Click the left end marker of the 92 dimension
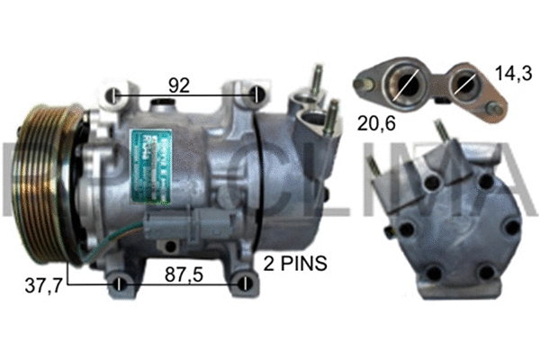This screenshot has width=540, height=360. (113, 95)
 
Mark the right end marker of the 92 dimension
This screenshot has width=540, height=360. (258, 95)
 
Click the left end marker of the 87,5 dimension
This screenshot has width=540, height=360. (120, 286)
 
